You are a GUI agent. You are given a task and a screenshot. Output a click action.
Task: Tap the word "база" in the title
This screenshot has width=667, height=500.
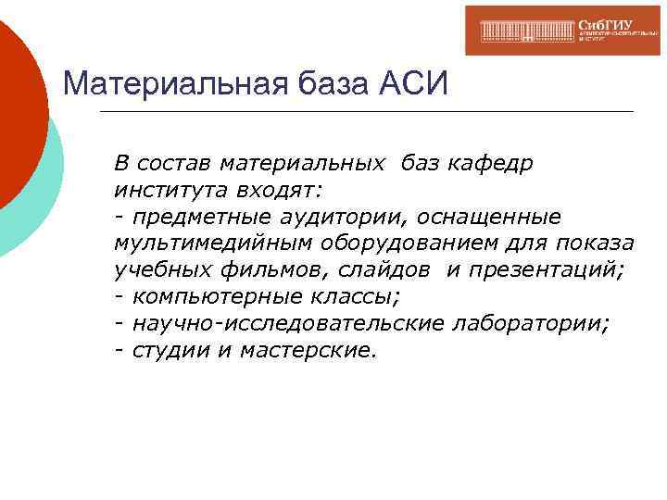click(x=330, y=86)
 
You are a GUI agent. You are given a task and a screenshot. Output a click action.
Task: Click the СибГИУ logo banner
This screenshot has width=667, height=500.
click(x=562, y=31)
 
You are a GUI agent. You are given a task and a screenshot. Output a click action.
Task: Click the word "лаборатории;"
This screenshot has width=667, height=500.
click(x=532, y=324)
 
